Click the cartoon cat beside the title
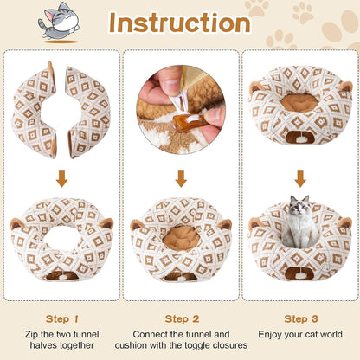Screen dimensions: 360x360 [57, 22]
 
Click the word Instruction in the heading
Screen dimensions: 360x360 [180, 23]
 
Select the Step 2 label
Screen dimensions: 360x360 [181, 318]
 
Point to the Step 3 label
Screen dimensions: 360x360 [300, 318]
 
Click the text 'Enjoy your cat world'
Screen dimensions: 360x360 [300, 334]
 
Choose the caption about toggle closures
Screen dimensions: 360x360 [181, 340]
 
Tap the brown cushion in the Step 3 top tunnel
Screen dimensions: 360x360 [299, 101]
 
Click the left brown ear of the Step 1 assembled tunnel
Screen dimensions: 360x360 [17, 224]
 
